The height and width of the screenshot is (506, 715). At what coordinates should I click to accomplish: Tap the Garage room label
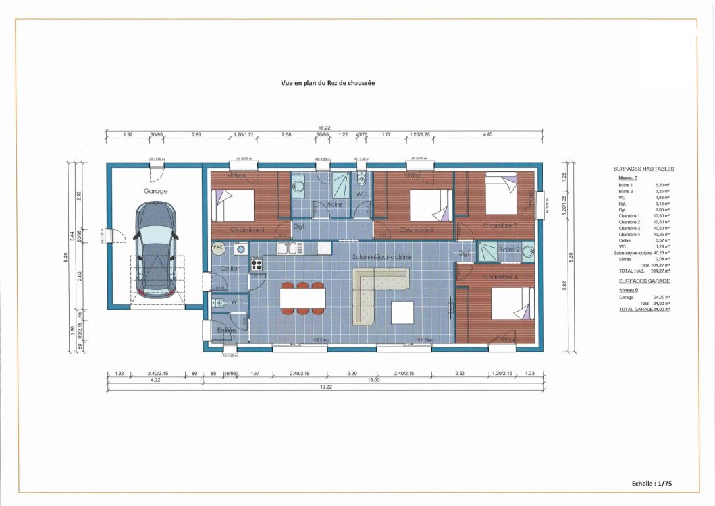(x=155, y=191)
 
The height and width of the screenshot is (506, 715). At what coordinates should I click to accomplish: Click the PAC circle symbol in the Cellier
(x=219, y=248)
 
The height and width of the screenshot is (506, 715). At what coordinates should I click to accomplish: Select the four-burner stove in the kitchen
(x=256, y=265)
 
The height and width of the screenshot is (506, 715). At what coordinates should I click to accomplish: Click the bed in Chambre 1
(x=232, y=206)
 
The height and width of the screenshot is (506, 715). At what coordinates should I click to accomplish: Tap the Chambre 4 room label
(x=500, y=277)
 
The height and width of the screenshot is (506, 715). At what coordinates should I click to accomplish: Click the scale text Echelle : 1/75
(x=651, y=483)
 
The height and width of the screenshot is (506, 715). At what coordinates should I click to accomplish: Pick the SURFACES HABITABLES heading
(x=643, y=169)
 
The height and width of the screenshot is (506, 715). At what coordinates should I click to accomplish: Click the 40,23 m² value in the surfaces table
(x=661, y=253)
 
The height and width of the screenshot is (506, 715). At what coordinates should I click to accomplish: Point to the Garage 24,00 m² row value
(x=661, y=297)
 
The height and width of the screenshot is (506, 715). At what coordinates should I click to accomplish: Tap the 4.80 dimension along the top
(x=488, y=134)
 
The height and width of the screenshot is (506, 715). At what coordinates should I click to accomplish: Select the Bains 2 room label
(x=510, y=250)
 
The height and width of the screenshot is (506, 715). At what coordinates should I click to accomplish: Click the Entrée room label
(x=226, y=330)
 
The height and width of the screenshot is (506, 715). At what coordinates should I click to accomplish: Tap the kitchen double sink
(x=290, y=248)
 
